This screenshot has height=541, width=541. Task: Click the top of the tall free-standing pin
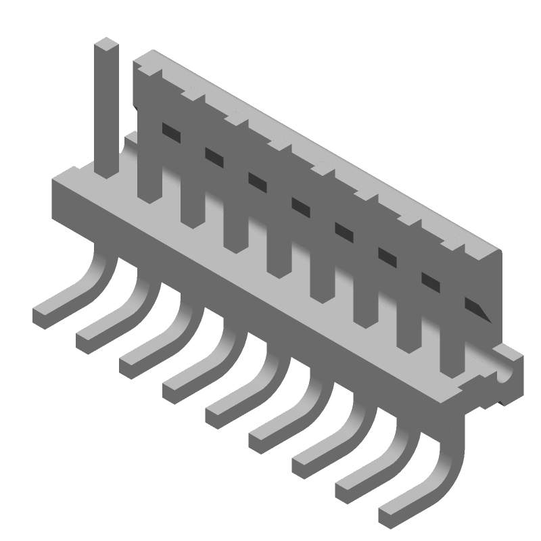[x=106, y=46]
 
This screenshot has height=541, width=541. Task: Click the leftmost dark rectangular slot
[x=172, y=132]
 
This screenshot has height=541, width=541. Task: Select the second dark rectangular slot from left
[x=215, y=157]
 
